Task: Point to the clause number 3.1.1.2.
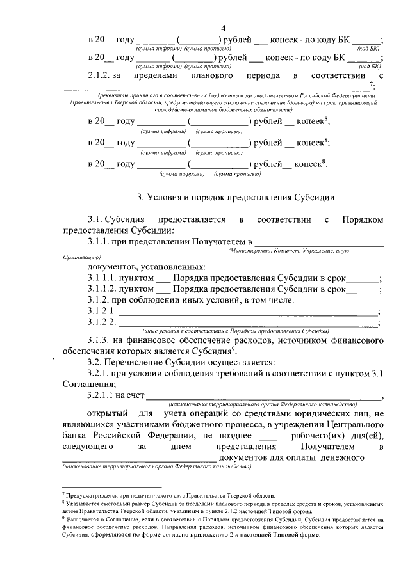(x=104, y=289)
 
